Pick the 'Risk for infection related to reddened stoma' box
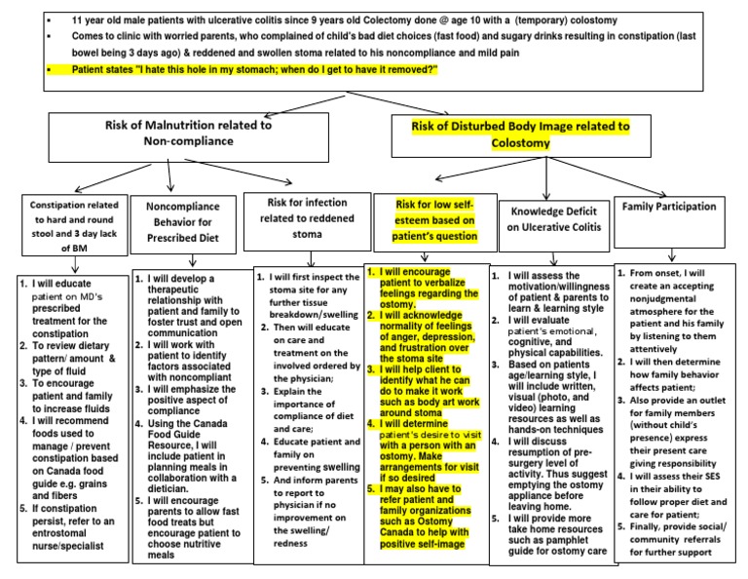click(x=301, y=216)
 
